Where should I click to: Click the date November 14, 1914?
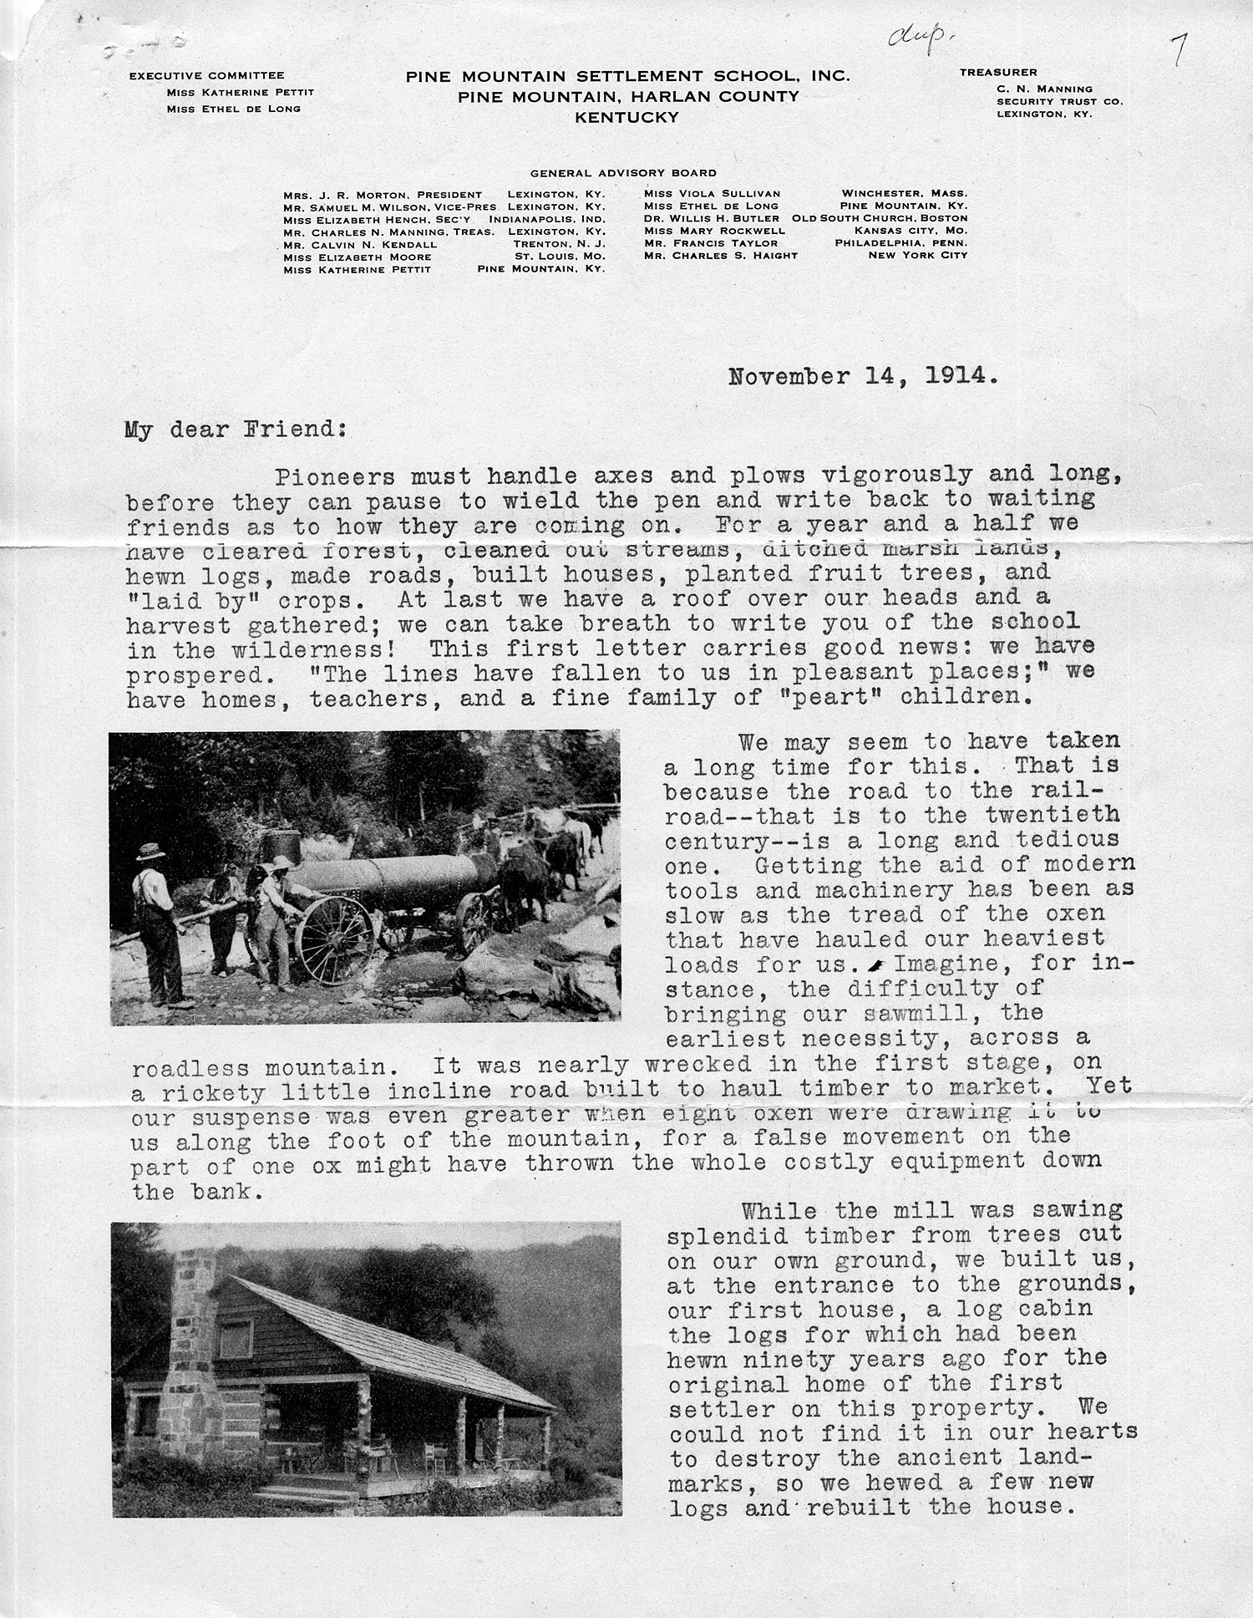(863, 376)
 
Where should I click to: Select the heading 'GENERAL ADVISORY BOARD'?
(623, 173)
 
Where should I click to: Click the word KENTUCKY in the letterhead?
(626, 118)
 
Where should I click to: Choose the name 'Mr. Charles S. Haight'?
(721, 256)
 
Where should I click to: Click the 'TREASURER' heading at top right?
(998, 73)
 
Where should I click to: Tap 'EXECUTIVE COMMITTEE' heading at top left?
(206, 76)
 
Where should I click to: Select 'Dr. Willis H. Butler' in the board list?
(712, 218)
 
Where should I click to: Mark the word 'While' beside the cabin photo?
(774, 1210)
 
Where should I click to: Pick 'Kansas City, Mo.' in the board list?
(911, 231)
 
